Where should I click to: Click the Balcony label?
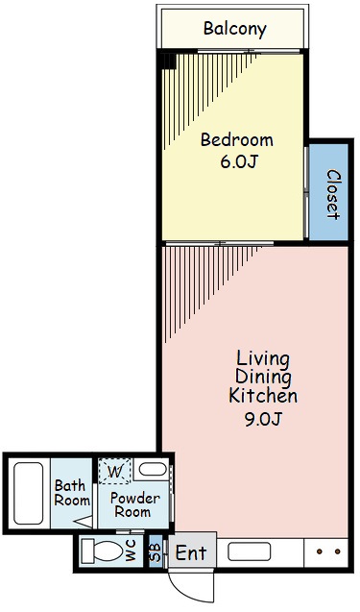pos(235,29)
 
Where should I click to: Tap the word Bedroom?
pos(237,139)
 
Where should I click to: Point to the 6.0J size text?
pos(239,161)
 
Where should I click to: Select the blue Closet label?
pos(332,194)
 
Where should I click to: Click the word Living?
pos(263,359)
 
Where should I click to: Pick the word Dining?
pos(263,378)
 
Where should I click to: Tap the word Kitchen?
pos(263,396)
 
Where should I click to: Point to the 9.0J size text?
pos(263,419)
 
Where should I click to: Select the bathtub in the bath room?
pos(29,494)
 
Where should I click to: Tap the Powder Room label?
pos(134,504)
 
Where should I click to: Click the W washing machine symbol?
pos(114,472)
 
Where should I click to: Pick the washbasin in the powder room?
pos(153,469)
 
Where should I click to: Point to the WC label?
pos(131,551)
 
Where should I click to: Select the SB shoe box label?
pos(156,551)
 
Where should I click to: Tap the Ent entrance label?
pos(191,552)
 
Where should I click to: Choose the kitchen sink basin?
pos(249,551)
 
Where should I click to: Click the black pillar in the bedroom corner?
pos(169,61)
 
